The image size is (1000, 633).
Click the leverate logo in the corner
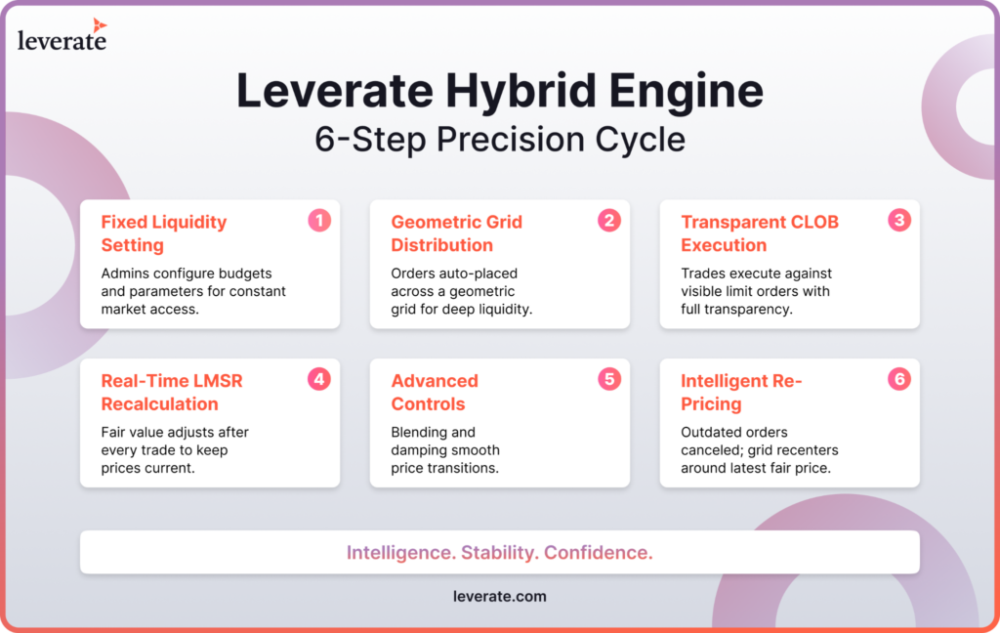point(62,35)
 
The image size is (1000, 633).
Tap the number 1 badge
point(319,221)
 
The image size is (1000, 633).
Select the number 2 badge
point(609,221)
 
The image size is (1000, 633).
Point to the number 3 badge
point(899,221)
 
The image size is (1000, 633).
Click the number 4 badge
point(319,380)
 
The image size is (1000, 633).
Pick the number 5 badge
point(609,380)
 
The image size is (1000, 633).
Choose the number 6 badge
point(899,380)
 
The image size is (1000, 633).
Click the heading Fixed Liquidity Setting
point(164,233)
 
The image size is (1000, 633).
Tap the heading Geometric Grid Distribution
point(457,233)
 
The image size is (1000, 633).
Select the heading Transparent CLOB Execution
point(760,233)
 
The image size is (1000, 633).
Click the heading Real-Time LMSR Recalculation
point(172,393)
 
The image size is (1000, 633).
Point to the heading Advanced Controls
point(435,393)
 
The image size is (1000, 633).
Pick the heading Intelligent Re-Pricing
point(741,393)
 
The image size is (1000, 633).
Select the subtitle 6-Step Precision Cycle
point(500,139)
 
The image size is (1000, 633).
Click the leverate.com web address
point(500,597)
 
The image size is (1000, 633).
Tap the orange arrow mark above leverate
point(99,24)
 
